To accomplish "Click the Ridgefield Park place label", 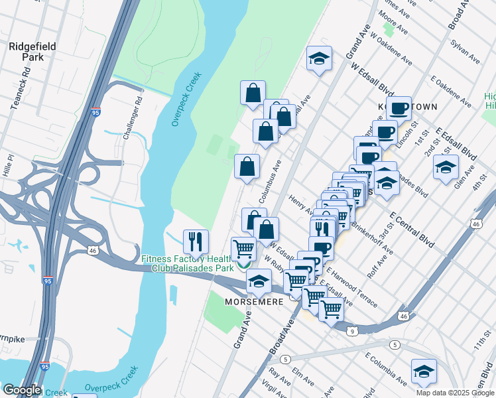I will [27, 52].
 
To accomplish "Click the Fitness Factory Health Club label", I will [186, 263].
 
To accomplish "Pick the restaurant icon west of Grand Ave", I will [196, 241].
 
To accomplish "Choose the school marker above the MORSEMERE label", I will [259, 281].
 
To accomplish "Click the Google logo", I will [21, 390].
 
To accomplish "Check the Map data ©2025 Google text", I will [455, 393].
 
